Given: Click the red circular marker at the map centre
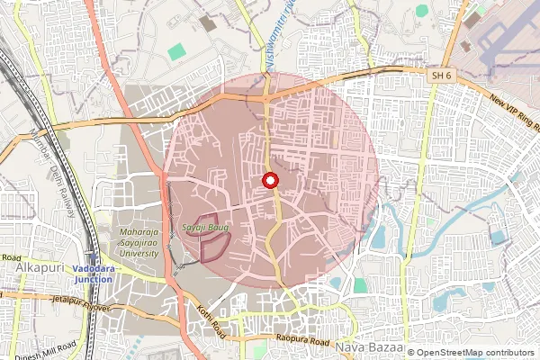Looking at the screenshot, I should point(270,181).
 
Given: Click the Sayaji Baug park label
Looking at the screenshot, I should point(204,229).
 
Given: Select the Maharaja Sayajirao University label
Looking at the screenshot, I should point(139,243).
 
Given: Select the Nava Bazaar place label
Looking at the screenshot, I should point(365,346).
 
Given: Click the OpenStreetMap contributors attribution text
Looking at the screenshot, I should point(471,353).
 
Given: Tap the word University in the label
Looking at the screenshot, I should point(139,253).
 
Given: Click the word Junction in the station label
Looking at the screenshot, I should point(94,279).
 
